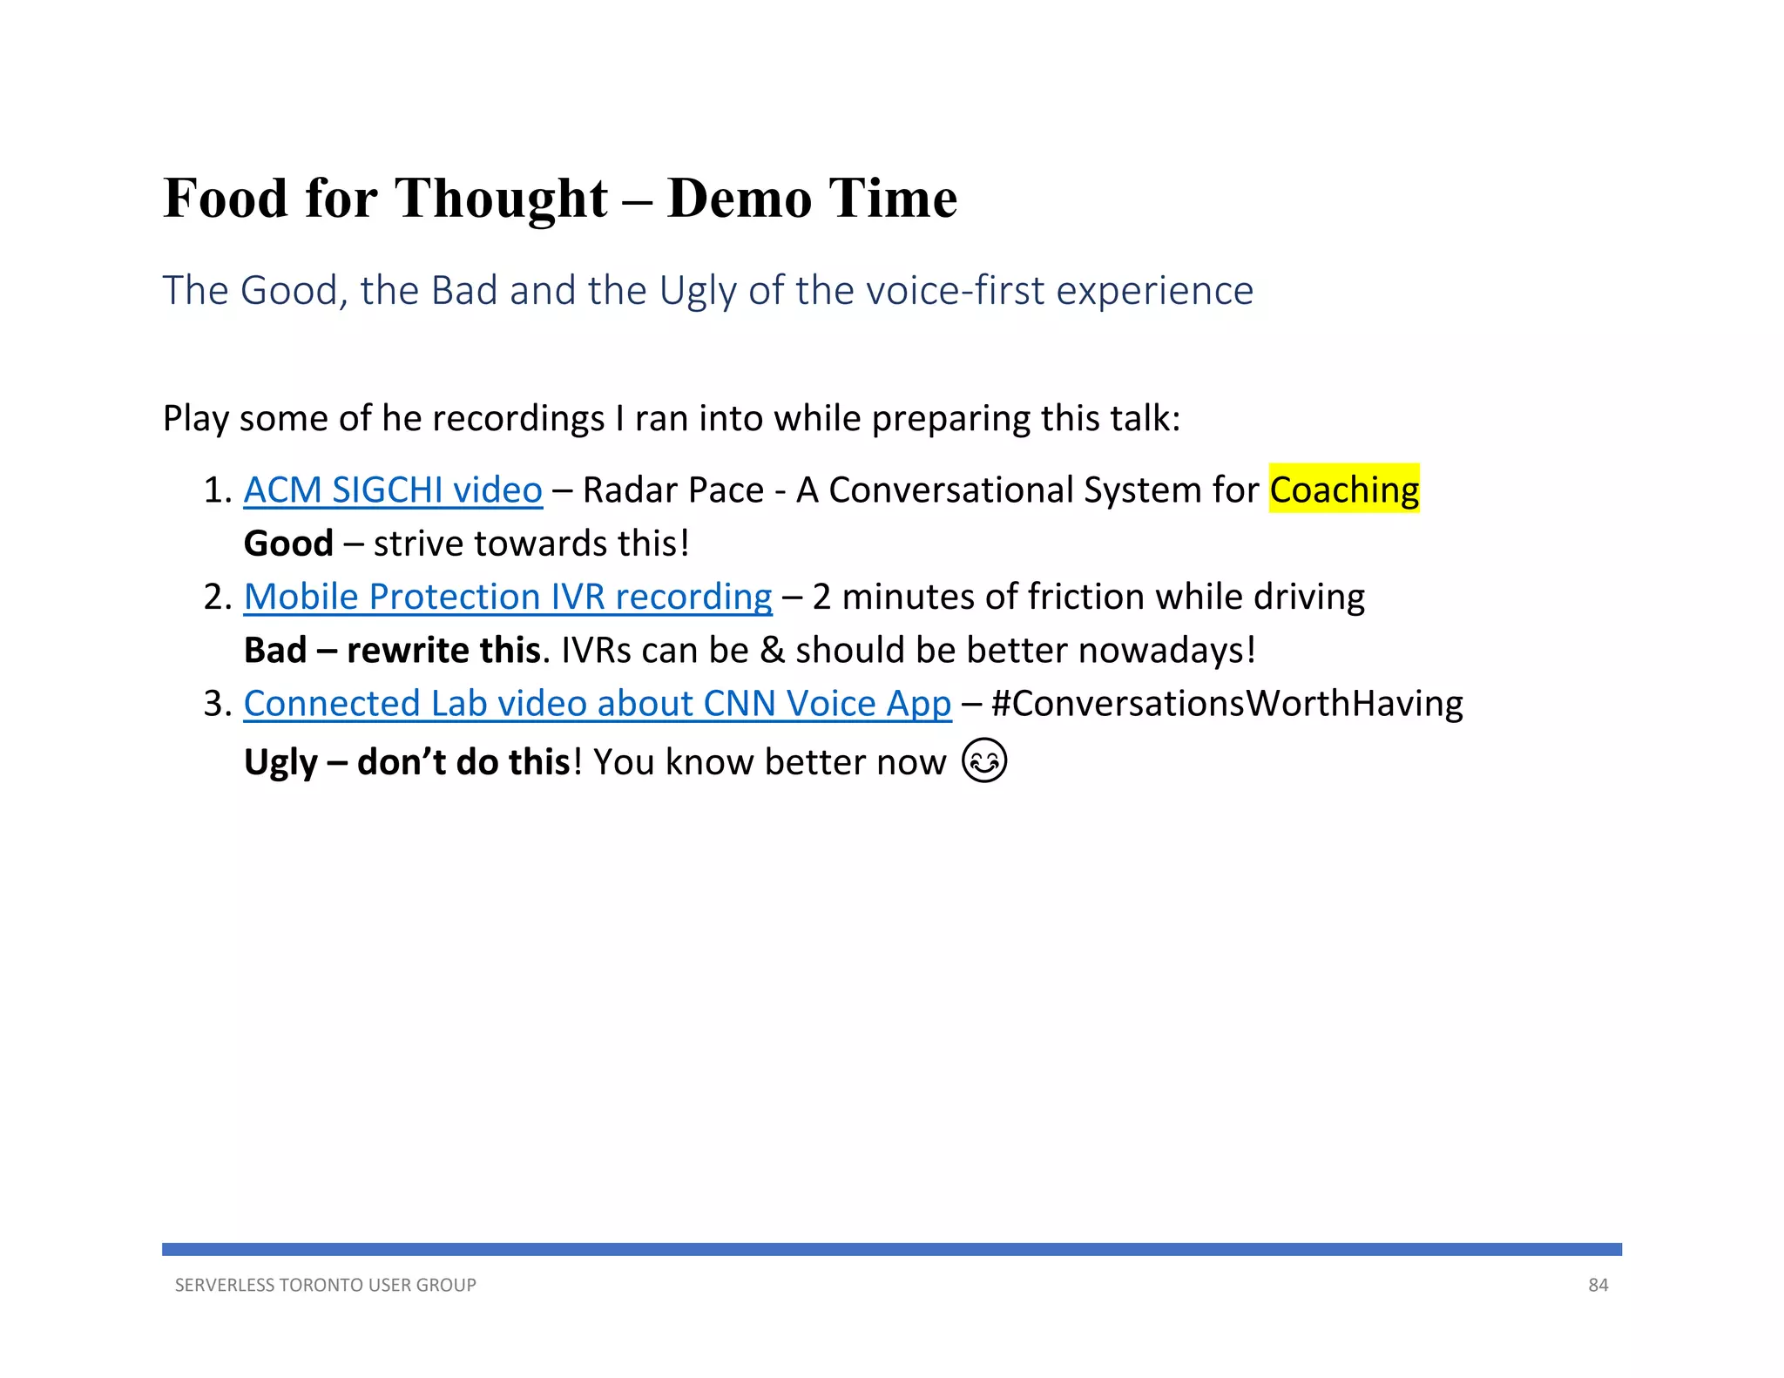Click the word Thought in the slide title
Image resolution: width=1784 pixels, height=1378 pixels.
click(x=501, y=199)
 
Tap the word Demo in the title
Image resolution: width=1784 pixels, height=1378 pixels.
click(x=740, y=199)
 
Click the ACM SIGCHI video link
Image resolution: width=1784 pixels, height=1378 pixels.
click(x=393, y=490)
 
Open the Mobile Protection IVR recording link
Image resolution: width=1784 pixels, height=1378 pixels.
click(x=508, y=598)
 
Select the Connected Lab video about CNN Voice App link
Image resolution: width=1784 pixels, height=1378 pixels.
click(x=597, y=704)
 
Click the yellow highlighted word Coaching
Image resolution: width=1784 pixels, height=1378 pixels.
click(x=1343, y=490)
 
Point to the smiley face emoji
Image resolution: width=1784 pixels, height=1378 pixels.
click(x=984, y=760)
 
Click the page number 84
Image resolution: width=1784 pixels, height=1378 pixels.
click(x=1598, y=1285)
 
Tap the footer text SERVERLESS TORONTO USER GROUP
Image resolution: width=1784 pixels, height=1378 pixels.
click(x=325, y=1285)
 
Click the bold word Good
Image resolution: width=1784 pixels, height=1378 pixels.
click(x=288, y=544)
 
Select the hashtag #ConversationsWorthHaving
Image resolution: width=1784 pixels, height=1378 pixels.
click(x=1226, y=704)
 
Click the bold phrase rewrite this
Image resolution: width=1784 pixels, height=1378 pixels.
click(x=443, y=651)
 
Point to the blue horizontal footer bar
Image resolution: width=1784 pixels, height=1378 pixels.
click(x=891, y=1249)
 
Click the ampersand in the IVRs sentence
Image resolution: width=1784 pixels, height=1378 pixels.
click(x=771, y=651)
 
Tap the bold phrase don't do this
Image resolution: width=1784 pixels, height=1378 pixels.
click(x=463, y=762)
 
